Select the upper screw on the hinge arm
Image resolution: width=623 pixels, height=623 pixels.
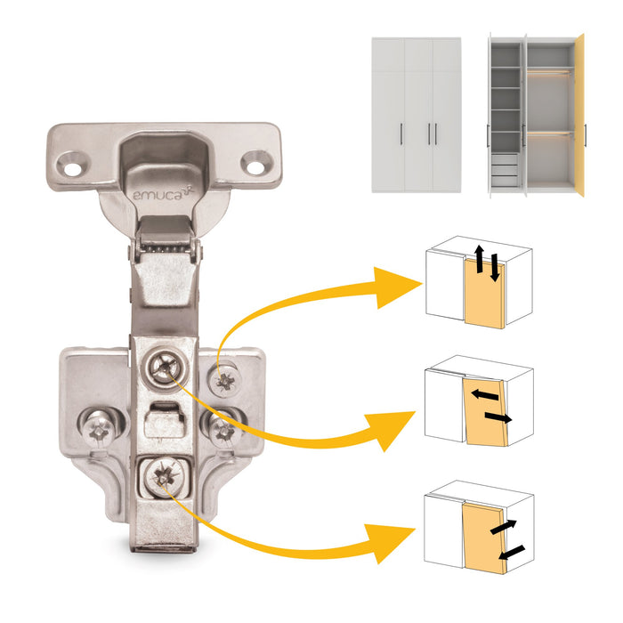tap(165, 366)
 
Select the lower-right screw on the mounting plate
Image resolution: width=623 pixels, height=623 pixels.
tap(222, 430)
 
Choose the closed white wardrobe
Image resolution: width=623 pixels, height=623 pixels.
tap(416, 114)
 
